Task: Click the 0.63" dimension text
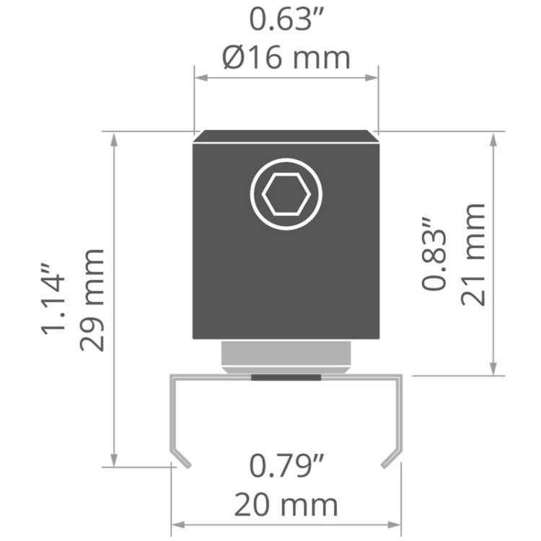[286, 19]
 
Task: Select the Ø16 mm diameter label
[286, 57]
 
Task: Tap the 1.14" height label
[53, 299]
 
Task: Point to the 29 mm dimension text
[92, 299]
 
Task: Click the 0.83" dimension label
[434, 254]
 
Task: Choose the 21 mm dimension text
[472, 255]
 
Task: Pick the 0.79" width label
[286, 466]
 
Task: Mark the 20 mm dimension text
[286, 504]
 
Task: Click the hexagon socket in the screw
[286, 194]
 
